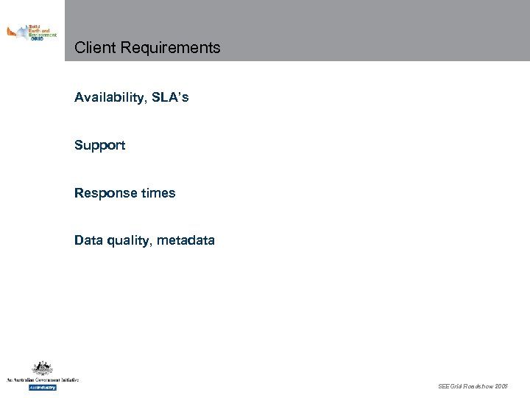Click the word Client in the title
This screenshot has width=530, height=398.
coord(95,48)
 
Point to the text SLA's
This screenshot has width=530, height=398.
coord(171,97)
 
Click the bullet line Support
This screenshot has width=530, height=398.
coord(99,146)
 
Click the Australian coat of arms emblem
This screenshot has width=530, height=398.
coord(42,368)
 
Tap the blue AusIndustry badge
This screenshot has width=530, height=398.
coord(42,387)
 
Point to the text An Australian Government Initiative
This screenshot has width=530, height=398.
coord(42,380)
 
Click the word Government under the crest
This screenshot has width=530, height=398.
coord(45,380)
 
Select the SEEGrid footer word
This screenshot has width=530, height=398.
coord(450,386)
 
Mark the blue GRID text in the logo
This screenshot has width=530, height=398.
coord(37,39)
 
